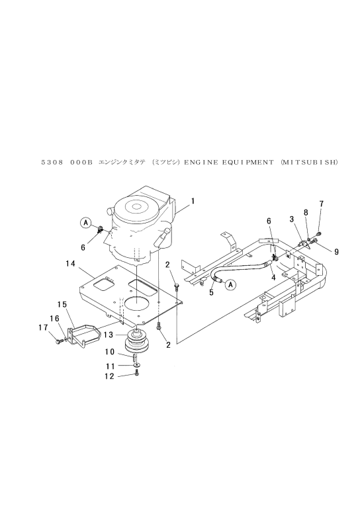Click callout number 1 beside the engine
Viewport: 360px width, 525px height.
193,201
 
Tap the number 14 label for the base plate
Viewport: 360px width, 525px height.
71,264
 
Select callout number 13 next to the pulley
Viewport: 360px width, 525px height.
109,335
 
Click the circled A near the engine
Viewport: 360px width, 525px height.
86,222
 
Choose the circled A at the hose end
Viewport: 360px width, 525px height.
230,284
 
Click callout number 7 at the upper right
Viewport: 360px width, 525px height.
322,204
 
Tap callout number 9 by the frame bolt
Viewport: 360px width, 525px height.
336,252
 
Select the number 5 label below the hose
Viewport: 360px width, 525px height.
211,292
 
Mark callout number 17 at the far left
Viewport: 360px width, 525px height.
43,328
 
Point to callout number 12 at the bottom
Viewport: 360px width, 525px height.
110,376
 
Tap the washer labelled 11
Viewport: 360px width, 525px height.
136,364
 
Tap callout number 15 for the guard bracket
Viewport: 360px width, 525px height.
62,305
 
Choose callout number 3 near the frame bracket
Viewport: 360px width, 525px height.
292,220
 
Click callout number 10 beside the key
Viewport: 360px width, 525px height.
110,352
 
